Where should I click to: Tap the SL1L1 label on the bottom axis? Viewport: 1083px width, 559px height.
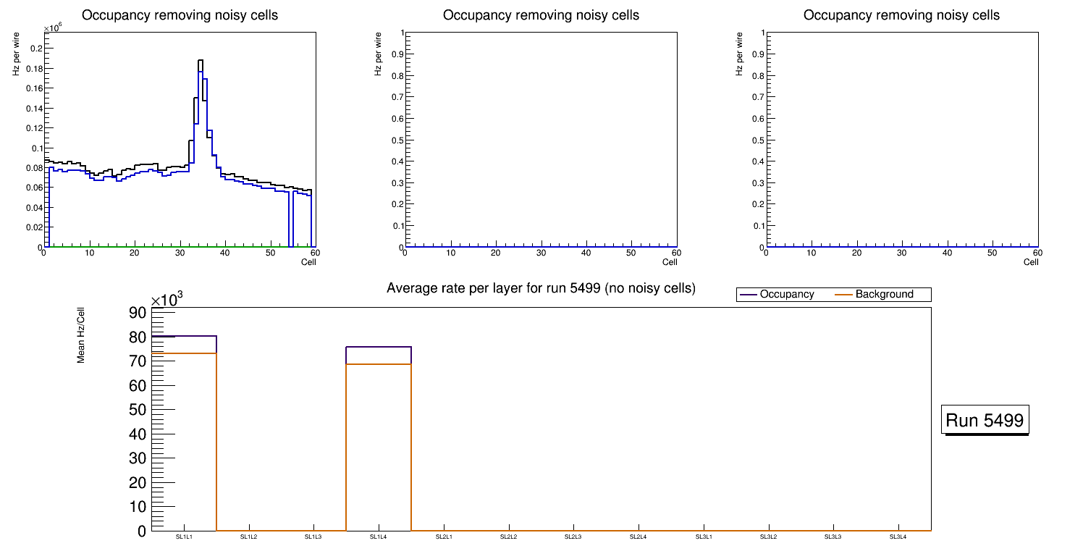point(184,537)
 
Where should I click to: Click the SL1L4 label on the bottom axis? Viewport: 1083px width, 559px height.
point(379,537)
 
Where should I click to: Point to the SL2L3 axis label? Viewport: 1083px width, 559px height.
point(573,537)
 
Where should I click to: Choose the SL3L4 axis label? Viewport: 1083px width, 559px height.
point(898,537)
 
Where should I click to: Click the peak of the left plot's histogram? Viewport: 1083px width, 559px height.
point(201,61)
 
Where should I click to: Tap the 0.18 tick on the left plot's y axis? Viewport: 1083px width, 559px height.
point(34,69)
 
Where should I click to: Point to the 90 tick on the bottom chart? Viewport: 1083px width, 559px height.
point(138,312)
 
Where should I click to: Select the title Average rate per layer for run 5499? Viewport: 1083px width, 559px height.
point(541,288)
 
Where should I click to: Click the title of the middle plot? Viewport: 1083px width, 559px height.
point(541,15)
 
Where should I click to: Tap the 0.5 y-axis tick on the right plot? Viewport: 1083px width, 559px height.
point(757,140)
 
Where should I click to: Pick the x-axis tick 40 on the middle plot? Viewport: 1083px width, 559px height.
point(586,253)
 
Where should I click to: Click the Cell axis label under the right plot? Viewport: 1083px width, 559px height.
point(1031,262)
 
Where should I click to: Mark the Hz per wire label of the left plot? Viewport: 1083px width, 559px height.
point(16,54)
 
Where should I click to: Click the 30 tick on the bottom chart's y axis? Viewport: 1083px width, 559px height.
point(138,458)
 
